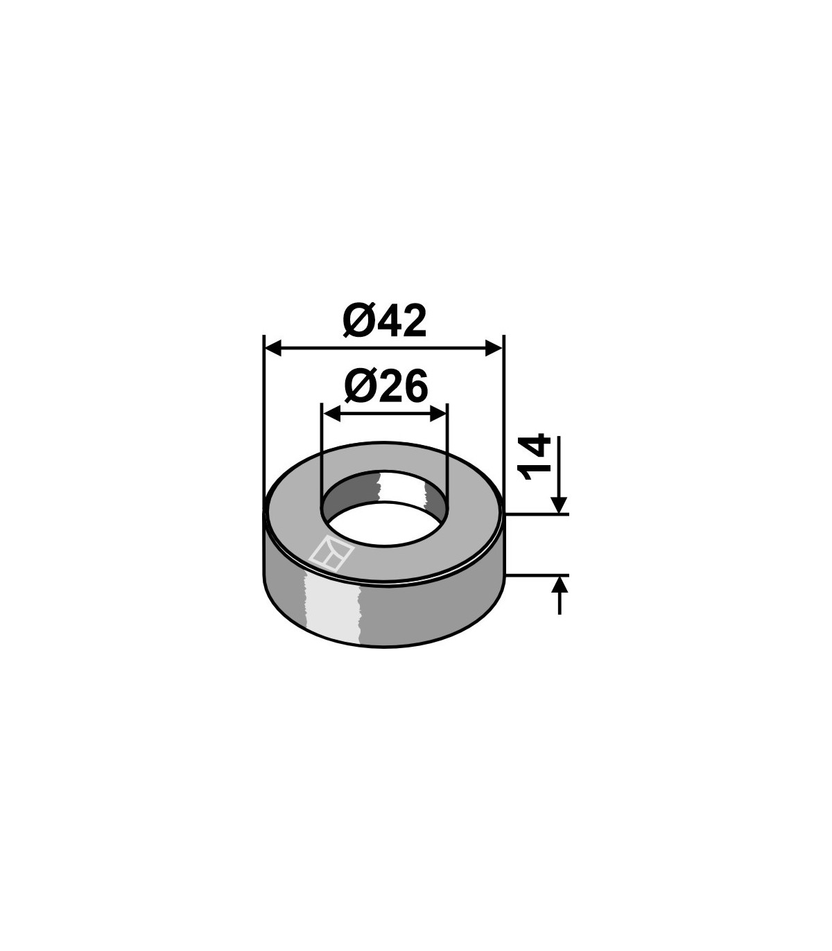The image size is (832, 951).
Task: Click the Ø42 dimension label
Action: [x=384, y=321]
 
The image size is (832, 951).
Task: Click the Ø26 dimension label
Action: [x=385, y=386]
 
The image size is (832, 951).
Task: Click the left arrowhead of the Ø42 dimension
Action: [x=273, y=348]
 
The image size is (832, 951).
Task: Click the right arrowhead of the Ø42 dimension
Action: [x=494, y=348]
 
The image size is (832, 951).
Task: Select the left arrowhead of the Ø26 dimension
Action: [x=331, y=413]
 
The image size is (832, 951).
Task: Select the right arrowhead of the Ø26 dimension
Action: [x=438, y=413]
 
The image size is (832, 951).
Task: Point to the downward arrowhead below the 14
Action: [x=559, y=505]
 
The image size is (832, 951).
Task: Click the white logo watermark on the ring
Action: [x=332, y=554]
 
